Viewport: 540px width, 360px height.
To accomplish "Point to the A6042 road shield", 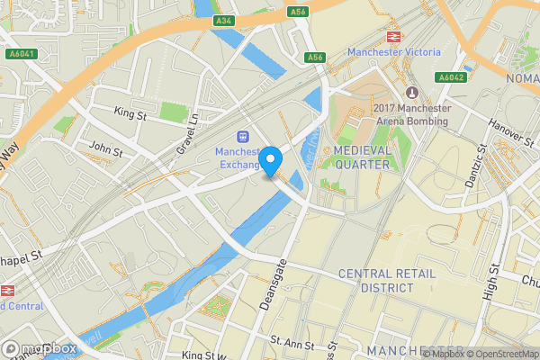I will (452, 77).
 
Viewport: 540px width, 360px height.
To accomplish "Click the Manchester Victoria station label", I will (394, 52).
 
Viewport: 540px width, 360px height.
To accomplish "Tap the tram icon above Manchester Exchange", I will (242, 137).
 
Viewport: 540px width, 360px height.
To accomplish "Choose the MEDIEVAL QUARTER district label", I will (362, 157).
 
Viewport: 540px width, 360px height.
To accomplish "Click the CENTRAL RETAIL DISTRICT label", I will (375, 280).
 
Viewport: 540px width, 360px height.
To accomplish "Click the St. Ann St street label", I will (292, 343).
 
